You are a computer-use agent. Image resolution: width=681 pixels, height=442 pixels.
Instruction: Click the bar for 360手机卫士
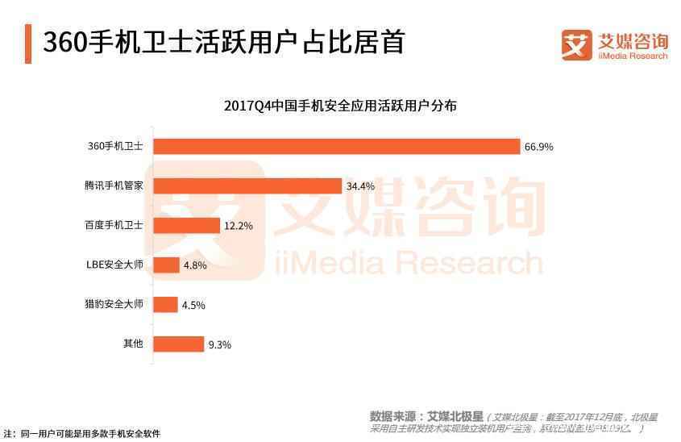336,146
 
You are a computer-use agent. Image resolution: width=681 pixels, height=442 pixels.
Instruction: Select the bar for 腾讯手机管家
247,186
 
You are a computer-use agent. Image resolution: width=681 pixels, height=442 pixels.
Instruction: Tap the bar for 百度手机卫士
186,225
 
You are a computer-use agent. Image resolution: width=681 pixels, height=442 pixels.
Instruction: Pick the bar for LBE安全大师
166,265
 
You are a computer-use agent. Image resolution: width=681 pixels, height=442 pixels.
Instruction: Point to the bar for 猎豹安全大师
165,304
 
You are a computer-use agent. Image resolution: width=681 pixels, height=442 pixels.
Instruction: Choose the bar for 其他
178,344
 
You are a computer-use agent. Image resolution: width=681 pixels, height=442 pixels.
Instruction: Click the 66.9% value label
538,147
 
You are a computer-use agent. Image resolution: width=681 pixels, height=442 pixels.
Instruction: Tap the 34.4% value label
360,186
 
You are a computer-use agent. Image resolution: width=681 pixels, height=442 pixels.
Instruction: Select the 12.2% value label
239,226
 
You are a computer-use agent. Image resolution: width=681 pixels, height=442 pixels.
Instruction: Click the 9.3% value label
219,344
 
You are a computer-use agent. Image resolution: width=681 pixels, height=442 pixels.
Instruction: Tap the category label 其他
133,344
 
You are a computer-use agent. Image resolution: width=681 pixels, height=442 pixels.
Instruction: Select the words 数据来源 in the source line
392,417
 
